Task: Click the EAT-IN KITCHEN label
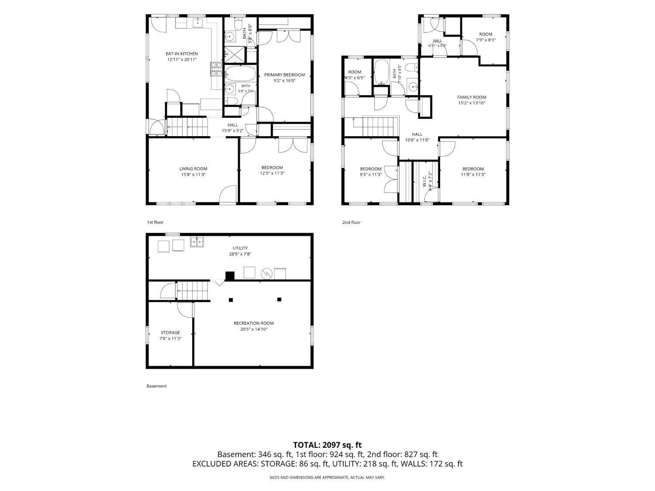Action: [x=182, y=54]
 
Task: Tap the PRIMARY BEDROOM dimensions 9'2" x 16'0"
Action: [x=284, y=80]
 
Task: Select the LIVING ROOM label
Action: [x=193, y=169]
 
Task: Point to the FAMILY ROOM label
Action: [x=472, y=97]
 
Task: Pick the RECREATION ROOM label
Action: [x=254, y=323]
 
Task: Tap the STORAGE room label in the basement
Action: [x=170, y=333]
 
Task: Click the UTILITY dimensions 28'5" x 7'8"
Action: [x=240, y=254]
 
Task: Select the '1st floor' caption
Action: [x=155, y=222]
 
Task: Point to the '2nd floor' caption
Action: [x=351, y=222]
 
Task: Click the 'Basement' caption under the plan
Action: [x=156, y=386]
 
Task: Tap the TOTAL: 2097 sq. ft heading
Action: [x=327, y=445]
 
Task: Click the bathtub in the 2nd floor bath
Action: [x=381, y=72]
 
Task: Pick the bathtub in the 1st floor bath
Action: [x=240, y=73]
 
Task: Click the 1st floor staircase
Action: [x=186, y=127]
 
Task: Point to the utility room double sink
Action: [x=197, y=242]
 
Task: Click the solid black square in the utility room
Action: [x=230, y=276]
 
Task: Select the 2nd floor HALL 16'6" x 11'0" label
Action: [x=417, y=137]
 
